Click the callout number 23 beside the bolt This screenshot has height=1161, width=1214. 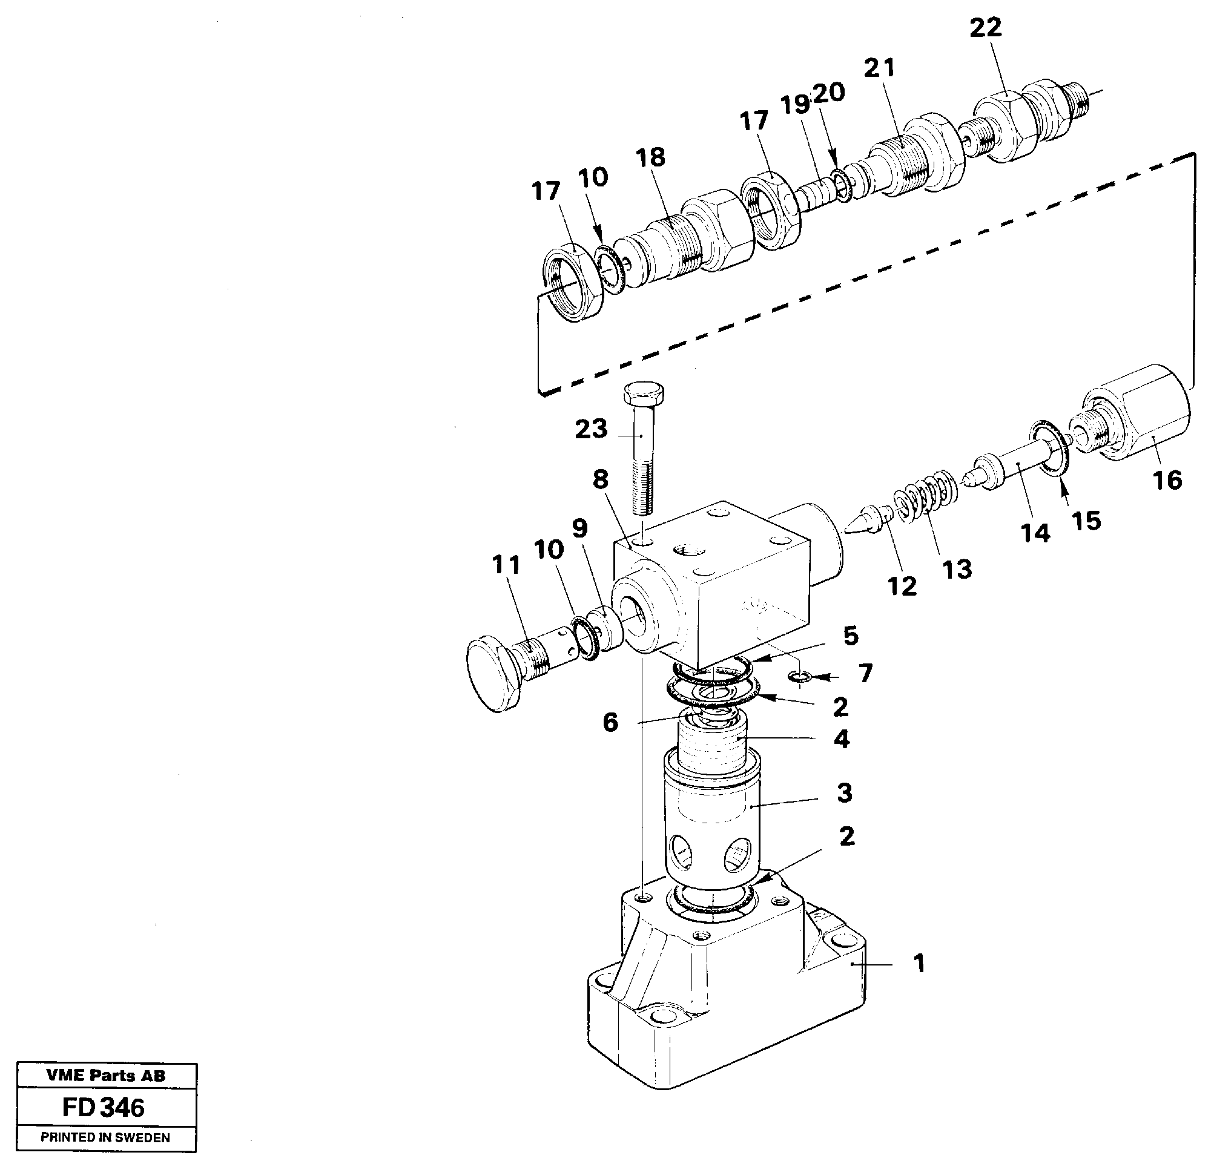pos(590,429)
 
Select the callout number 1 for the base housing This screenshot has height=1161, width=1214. pos(919,964)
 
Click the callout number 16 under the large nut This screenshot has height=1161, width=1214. pos(1167,480)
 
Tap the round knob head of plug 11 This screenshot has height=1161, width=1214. pos(493,674)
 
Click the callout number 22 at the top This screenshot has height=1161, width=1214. pos(986,27)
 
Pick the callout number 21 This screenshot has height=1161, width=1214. pos(880,68)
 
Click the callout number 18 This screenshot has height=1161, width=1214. pos(650,157)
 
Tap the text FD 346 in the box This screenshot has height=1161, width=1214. pos(104,1107)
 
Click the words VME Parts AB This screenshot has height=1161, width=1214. pos(106,1076)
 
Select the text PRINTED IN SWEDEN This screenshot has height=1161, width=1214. pos(105,1137)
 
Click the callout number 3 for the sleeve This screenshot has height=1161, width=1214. pos(845,793)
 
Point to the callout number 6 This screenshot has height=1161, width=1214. pos(610,722)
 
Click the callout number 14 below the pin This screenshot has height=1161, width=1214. pos(1036,532)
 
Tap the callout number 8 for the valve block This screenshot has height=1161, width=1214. pos(600,479)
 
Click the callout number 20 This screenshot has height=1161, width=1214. pos(829,93)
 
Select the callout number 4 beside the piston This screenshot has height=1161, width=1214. pos(841,739)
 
